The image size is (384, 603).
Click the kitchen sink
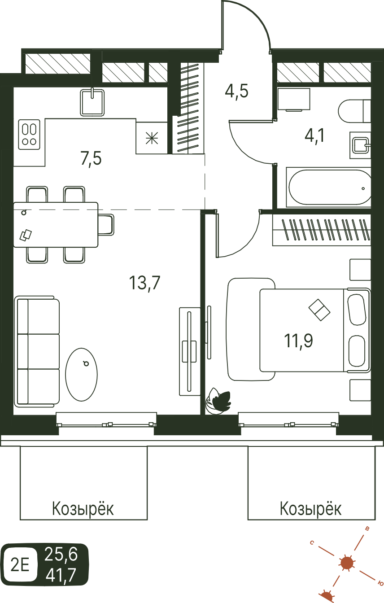point(92,102)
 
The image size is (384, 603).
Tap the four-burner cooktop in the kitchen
point(29,134)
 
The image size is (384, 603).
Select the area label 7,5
point(91,158)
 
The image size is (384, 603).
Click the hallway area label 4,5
point(236,92)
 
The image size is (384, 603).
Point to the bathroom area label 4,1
point(314,135)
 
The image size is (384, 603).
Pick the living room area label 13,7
point(145,283)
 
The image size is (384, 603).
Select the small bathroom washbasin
point(361,145)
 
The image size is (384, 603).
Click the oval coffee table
point(82,375)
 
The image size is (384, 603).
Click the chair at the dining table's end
point(106,225)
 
